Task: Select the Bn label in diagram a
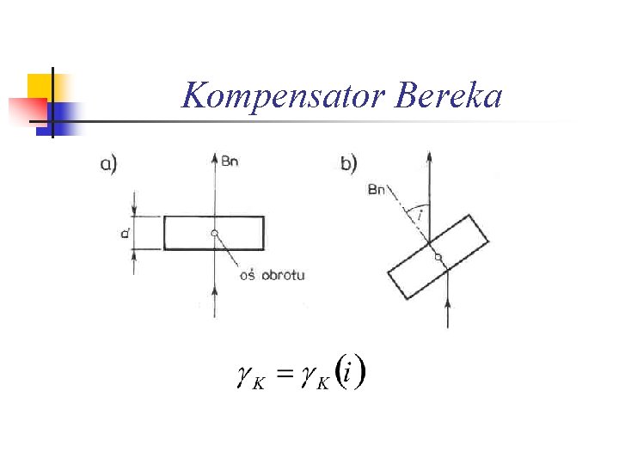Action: pos(230,162)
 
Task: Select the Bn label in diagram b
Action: pos(377,190)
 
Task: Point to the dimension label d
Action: pos(126,232)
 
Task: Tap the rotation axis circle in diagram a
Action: pos(214,233)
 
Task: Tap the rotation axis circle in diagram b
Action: pos(438,257)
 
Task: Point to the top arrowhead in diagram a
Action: pos(214,158)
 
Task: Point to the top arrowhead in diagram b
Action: pos(428,156)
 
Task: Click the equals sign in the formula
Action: pos(284,375)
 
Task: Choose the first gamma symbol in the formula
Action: pos(243,375)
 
